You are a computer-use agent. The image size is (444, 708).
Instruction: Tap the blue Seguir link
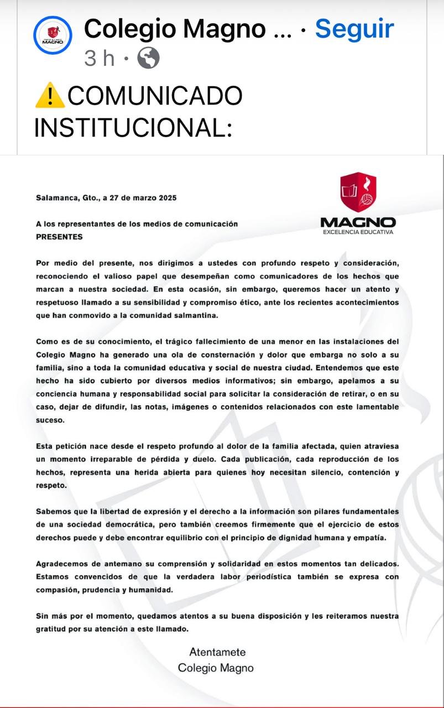(x=354, y=29)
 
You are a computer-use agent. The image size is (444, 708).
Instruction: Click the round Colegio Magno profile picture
(x=53, y=35)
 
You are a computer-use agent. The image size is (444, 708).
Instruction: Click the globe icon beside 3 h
(x=148, y=58)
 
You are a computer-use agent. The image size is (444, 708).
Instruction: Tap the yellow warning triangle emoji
(x=50, y=96)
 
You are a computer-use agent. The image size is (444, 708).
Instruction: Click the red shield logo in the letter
(x=358, y=192)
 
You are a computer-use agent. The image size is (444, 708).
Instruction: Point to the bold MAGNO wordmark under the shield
(x=358, y=222)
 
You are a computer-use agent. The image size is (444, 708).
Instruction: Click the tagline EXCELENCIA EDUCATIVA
(x=358, y=232)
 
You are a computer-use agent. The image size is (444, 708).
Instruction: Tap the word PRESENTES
(x=59, y=237)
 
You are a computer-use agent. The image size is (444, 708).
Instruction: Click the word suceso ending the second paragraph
(x=50, y=420)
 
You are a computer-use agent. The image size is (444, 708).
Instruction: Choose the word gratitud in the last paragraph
(x=51, y=629)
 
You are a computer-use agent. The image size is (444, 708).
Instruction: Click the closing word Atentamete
(x=217, y=652)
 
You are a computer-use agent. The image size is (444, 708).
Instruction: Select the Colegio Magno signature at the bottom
(x=216, y=668)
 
